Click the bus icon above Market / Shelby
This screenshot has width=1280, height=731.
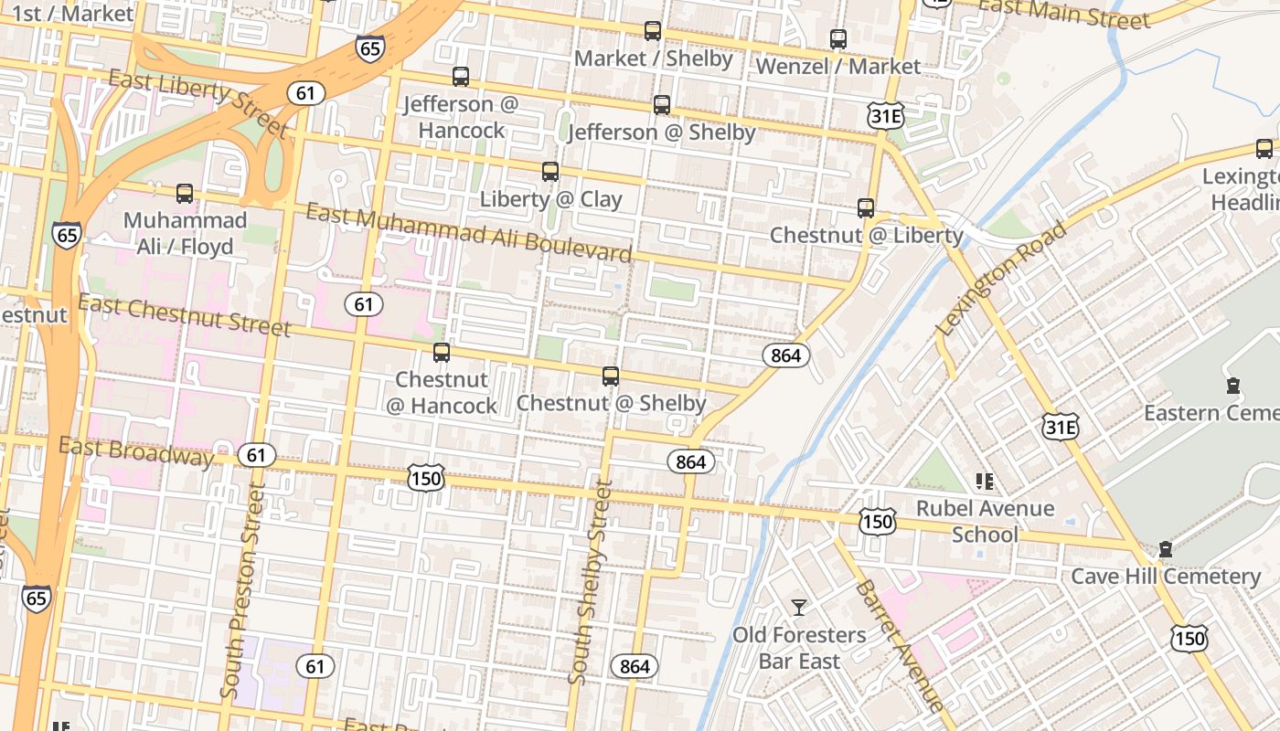point(652,31)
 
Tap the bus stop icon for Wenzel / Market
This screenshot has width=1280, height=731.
point(837,39)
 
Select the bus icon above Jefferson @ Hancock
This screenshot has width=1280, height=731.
point(461,77)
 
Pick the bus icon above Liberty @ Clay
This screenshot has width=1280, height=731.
point(549,172)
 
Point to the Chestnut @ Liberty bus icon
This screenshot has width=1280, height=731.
point(866,208)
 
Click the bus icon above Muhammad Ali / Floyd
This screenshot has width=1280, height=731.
point(185,194)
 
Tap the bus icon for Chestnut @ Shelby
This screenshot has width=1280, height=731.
point(610,376)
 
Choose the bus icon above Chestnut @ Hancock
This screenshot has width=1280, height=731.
point(442,353)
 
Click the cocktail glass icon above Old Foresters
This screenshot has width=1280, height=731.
point(799,608)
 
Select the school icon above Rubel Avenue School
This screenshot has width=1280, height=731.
point(985,482)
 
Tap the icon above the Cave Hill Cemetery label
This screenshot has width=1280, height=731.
point(1165,549)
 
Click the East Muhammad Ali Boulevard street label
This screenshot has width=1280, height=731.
point(469,233)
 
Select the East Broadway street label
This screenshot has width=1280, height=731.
point(136,450)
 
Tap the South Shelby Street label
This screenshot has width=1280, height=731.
point(590,583)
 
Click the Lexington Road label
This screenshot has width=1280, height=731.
point(1001,279)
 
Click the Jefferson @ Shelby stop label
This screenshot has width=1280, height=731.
point(662,132)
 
